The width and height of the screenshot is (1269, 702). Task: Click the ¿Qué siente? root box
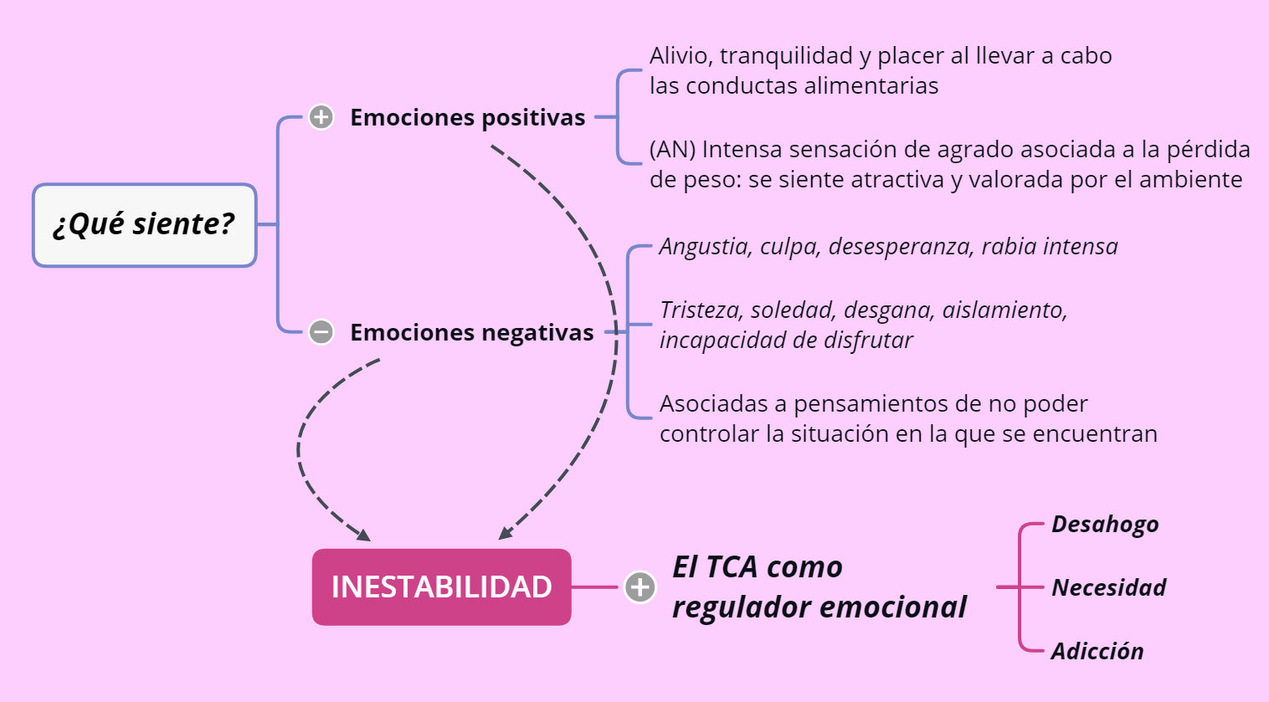point(145,225)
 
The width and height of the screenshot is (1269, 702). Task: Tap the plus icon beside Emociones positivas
point(321,117)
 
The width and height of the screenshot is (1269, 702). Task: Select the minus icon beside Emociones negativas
point(321,331)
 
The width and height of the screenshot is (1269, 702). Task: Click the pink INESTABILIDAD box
point(441,587)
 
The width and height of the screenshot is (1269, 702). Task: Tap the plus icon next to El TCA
point(640,587)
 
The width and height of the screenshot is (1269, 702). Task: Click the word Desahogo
point(1105,525)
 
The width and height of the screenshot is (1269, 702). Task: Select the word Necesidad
point(1108,587)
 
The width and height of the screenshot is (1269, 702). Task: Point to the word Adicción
point(1098,651)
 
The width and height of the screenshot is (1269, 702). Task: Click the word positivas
point(533,118)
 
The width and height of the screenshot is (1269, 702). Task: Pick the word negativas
point(537,333)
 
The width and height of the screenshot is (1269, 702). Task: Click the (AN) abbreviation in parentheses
point(672,150)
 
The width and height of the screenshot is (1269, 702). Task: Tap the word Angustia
point(706,247)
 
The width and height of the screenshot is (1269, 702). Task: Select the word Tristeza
point(701,310)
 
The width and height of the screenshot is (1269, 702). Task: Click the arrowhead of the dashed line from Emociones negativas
point(363,535)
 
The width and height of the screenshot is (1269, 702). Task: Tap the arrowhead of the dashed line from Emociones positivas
point(506,533)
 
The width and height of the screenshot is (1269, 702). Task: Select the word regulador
point(742,607)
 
